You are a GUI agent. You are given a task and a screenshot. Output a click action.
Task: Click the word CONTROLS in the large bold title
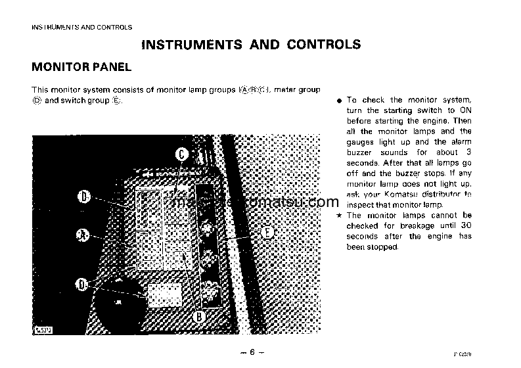[323, 45]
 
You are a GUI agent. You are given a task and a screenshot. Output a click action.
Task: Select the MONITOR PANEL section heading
[82, 67]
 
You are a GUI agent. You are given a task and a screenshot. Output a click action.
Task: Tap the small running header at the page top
[82, 27]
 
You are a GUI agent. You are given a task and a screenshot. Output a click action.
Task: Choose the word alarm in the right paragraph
[458, 142]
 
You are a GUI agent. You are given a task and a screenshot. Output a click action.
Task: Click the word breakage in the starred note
[413, 226]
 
